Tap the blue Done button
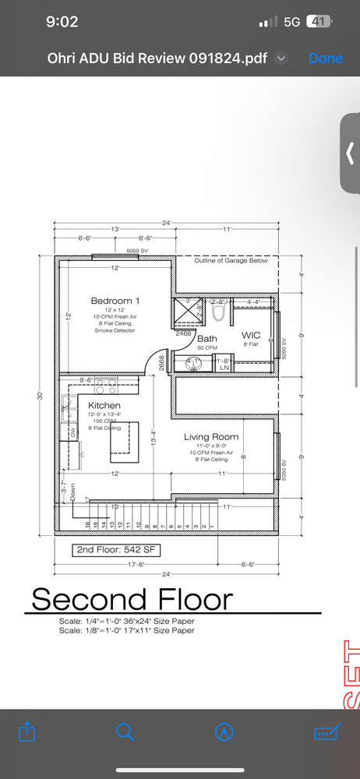coord(325,58)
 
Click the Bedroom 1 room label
coord(115,301)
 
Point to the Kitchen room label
coord(104,406)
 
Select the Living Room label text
coord(211,437)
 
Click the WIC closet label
coord(250,335)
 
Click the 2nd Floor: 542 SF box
coord(112,550)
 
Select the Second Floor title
coord(132,600)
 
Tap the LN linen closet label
coord(224,367)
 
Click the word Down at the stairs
coord(72,492)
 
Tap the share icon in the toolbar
coord(26,731)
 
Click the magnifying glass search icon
coord(125,731)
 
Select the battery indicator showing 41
coord(318,22)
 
